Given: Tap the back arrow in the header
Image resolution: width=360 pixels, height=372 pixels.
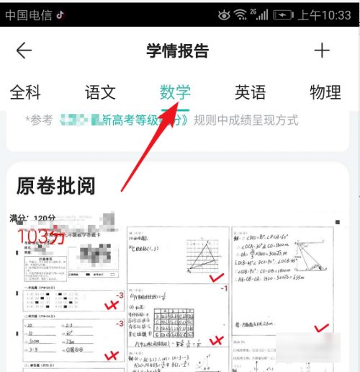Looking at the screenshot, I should [x=24, y=50].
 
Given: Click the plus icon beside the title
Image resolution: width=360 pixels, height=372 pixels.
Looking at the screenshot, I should [x=322, y=50].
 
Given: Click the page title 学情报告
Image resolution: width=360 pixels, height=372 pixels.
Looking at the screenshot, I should [x=177, y=50].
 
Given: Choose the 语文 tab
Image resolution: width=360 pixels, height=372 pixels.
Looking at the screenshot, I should [x=100, y=92].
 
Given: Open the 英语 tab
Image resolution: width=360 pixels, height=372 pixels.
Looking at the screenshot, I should [x=250, y=92].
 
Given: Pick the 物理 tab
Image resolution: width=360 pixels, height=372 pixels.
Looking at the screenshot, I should [x=325, y=92].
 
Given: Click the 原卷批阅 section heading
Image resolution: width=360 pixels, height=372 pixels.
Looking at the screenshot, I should [x=55, y=185].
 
